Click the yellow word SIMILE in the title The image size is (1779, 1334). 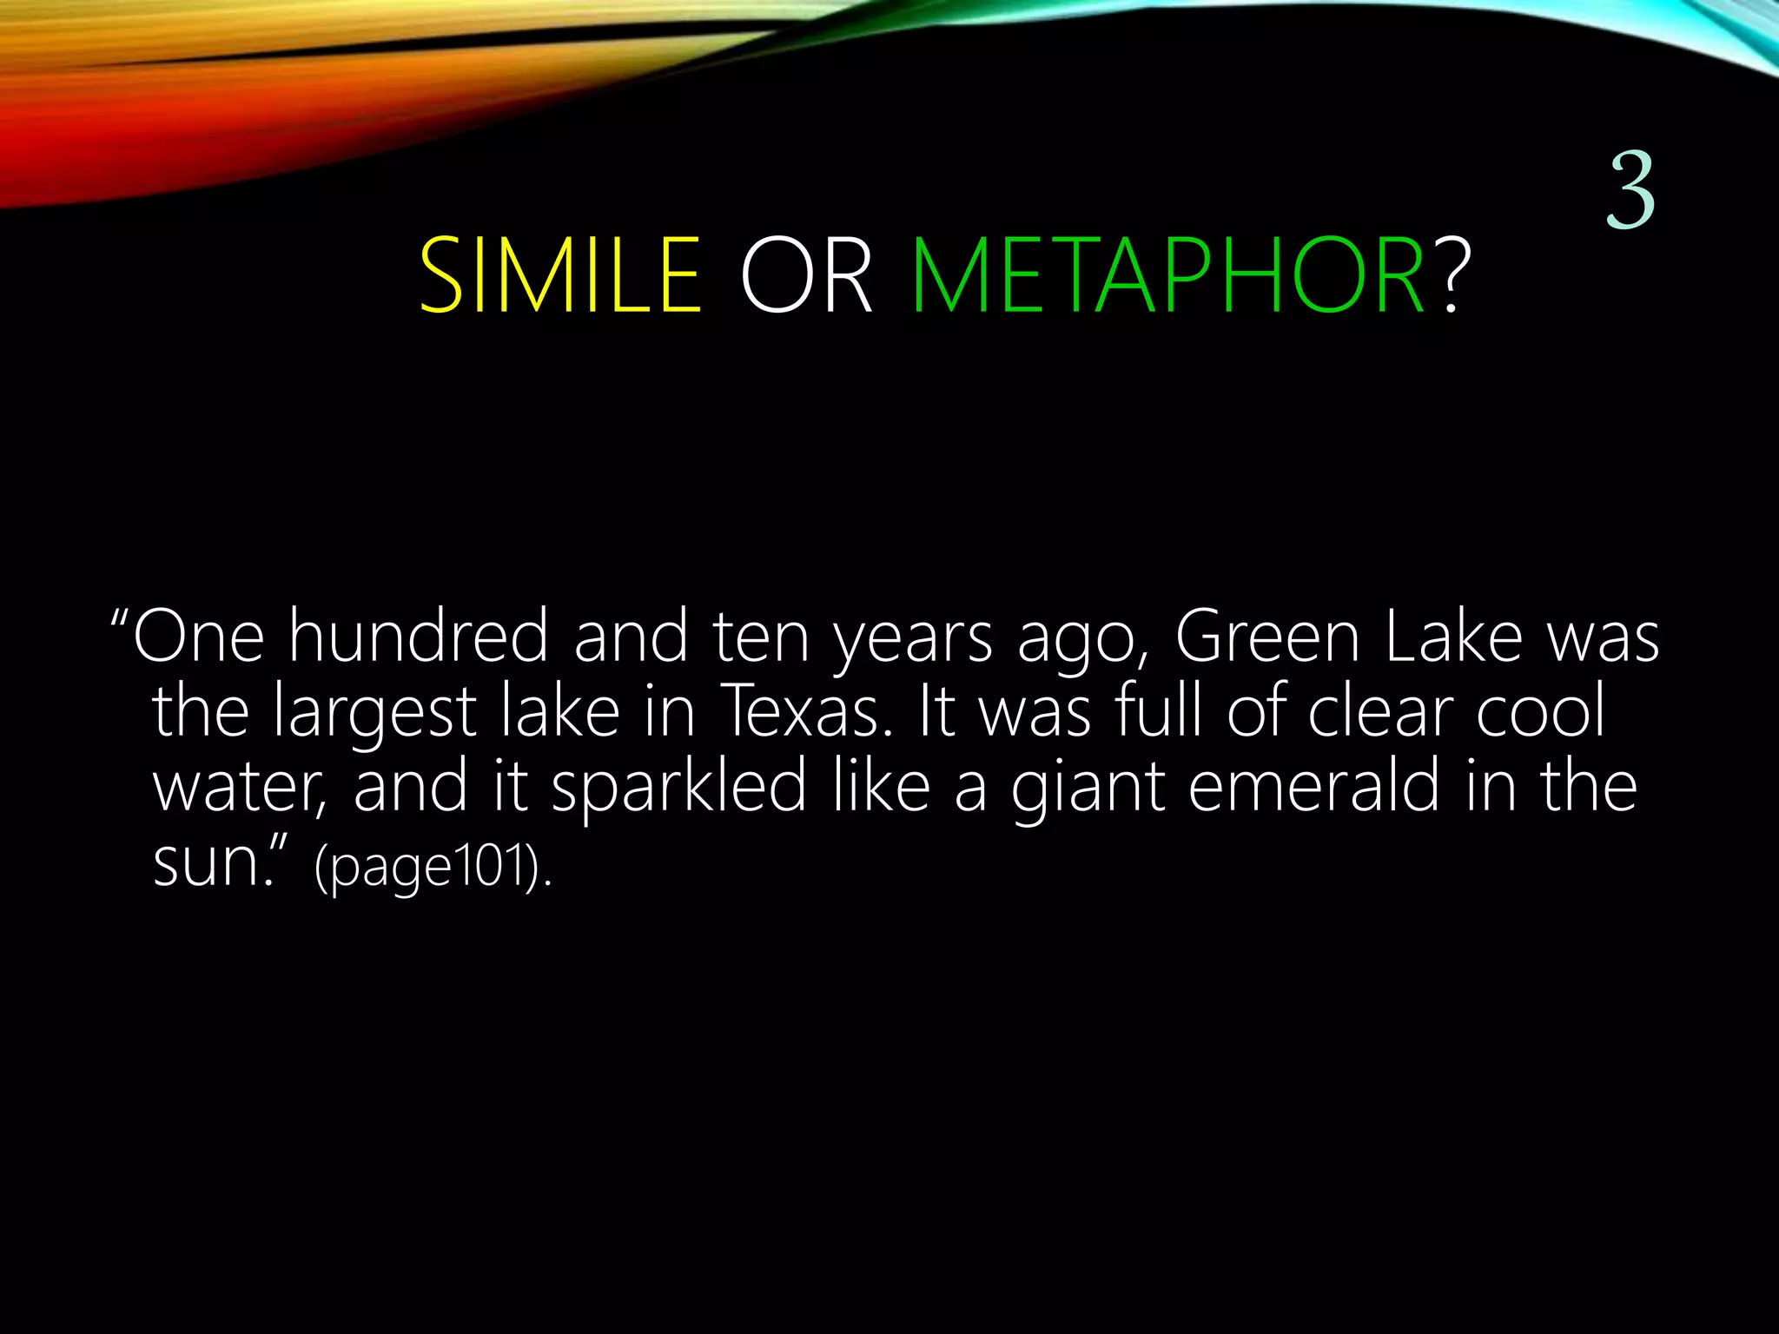click(560, 276)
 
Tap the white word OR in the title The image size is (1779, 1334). click(805, 276)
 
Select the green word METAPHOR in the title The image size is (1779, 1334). click(1167, 276)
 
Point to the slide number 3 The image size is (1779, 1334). click(1630, 191)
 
